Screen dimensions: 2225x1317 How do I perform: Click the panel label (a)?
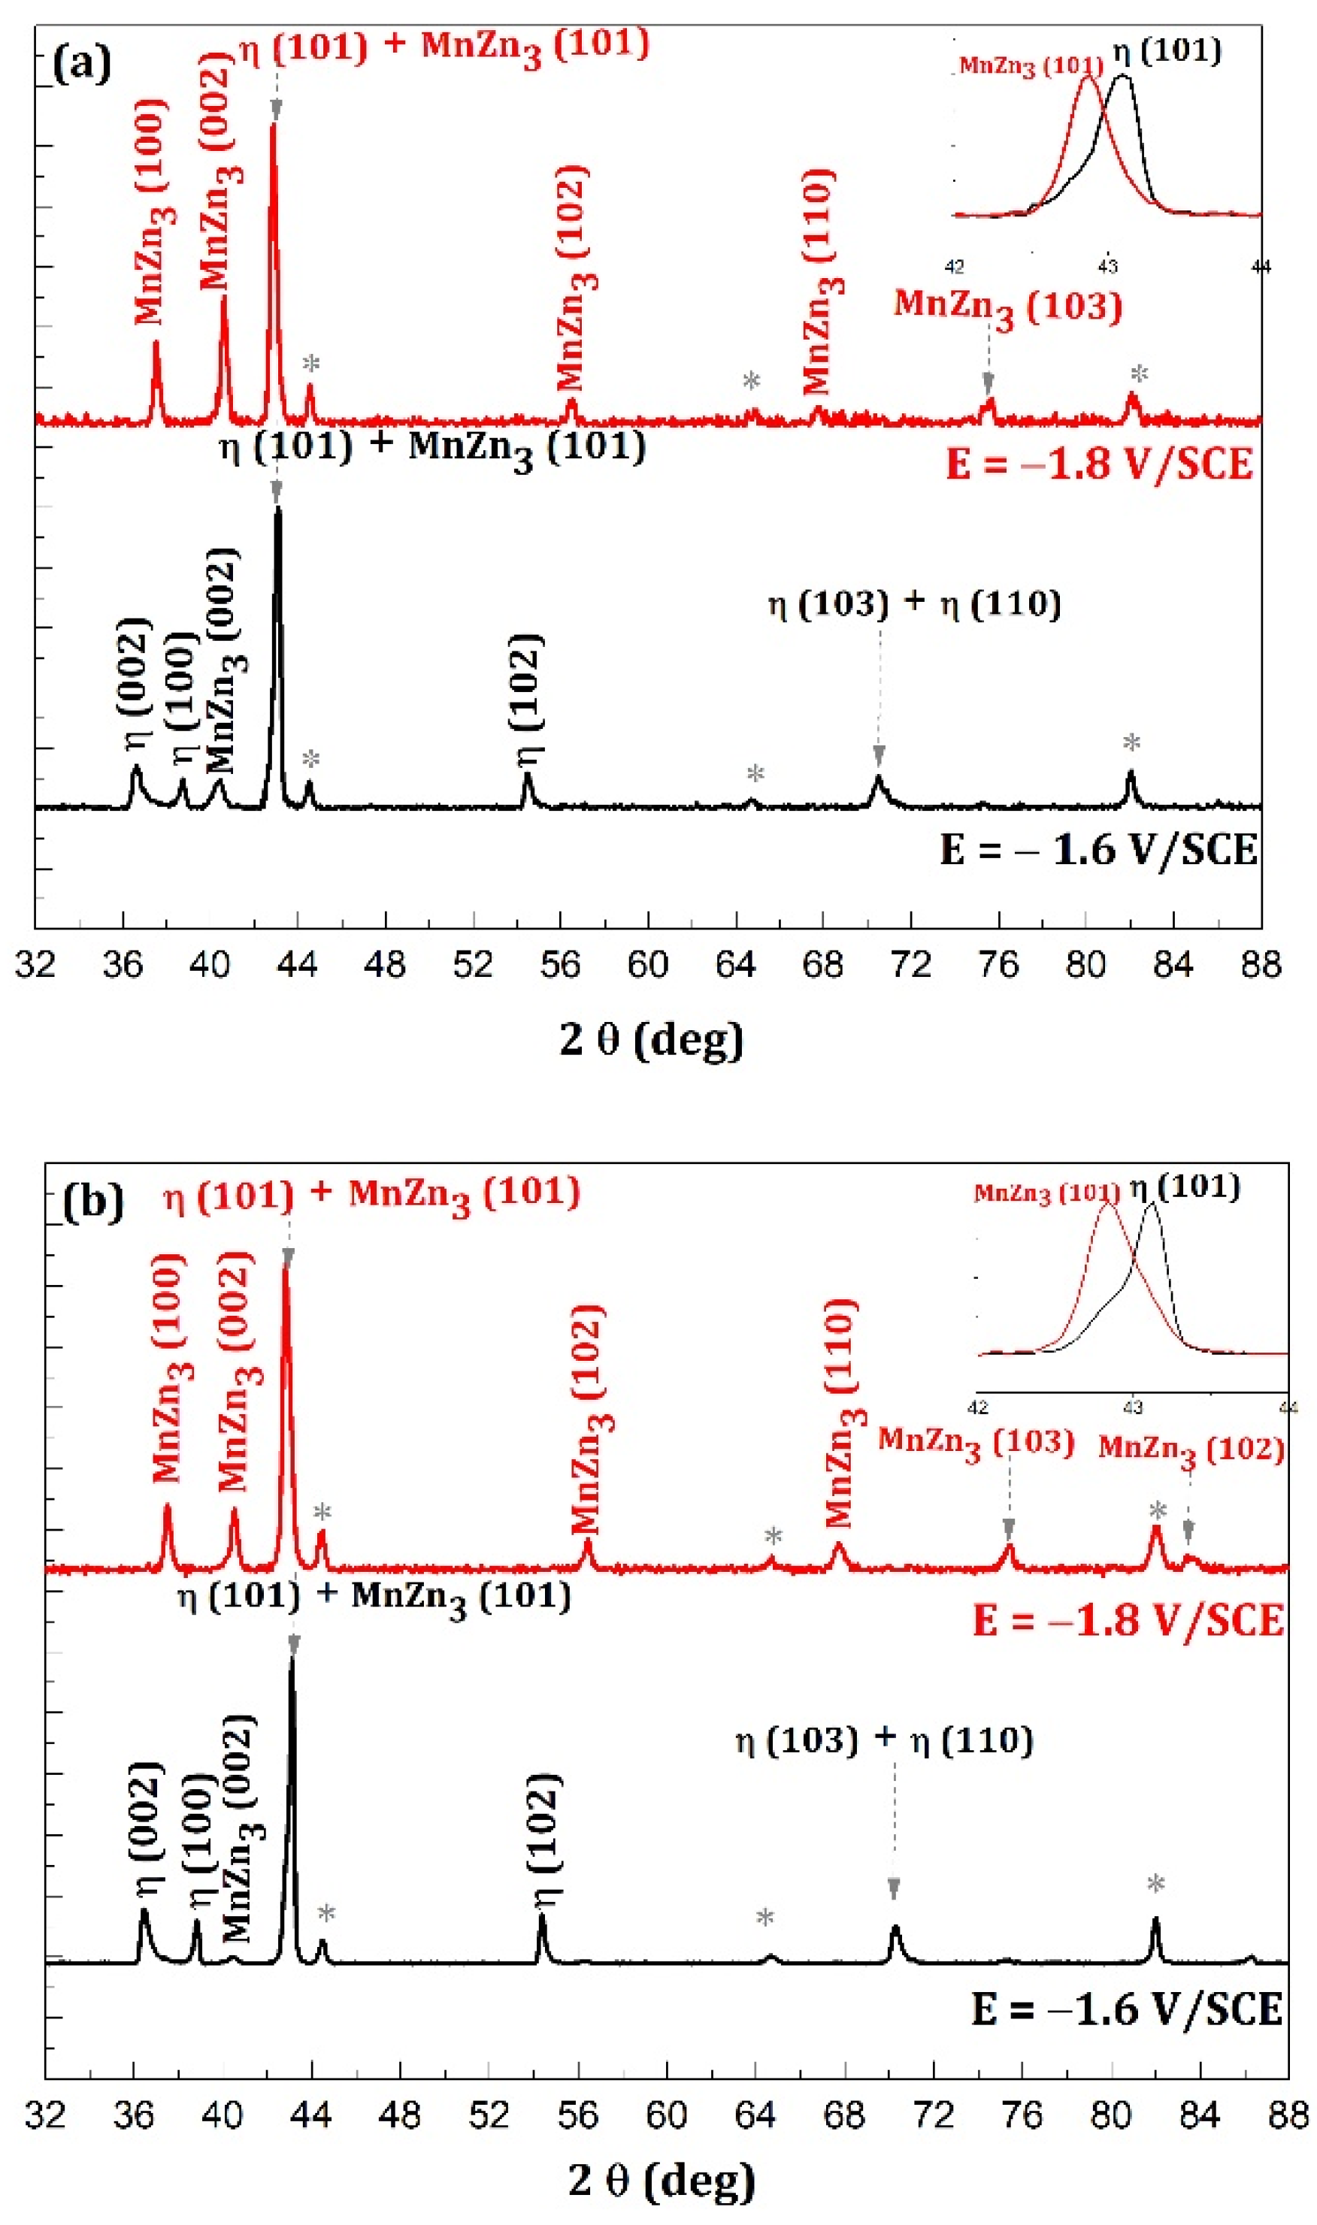click(82, 65)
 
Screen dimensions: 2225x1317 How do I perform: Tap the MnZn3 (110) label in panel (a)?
click(819, 282)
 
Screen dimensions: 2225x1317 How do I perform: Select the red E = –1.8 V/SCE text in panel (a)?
click(1100, 464)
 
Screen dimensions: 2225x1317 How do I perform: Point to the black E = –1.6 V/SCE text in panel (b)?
click(1127, 2009)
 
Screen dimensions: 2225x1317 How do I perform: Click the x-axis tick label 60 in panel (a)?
click(647, 964)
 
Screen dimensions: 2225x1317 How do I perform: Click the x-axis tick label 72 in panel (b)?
click(933, 2116)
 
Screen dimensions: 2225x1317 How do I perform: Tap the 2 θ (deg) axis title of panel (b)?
click(662, 2180)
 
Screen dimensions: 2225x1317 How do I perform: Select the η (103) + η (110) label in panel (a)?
click(914, 605)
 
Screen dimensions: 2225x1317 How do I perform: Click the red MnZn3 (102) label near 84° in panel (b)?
click(1191, 1450)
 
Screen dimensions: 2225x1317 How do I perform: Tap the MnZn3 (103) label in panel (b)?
click(976, 1443)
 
